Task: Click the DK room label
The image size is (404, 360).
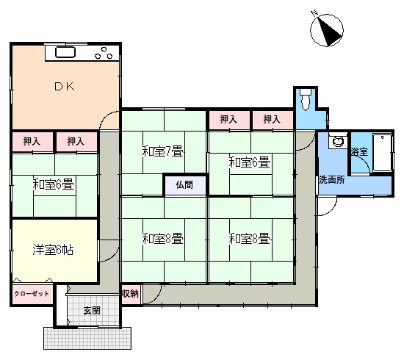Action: pyautogui.click(x=65, y=87)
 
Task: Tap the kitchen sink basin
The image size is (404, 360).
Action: pyautogui.click(x=65, y=52)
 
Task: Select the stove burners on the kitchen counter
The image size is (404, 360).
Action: pyautogui.click(x=104, y=53)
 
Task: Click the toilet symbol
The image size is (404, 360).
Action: pyautogui.click(x=306, y=100)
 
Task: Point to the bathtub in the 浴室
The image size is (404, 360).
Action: pyautogui.click(x=383, y=153)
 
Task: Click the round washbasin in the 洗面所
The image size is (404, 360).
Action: pyautogui.click(x=338, y=141)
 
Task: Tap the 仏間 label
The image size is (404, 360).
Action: pyautogui.click(x=184, y=184)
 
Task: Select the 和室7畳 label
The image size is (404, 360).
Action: pyautogui.click(x=163, y=151)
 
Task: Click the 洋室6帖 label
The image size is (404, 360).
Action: pyautogui.click(x=53, y=250)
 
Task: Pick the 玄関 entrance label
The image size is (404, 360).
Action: pyautogui.click(x=92, y=311)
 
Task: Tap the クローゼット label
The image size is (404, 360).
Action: pyautogui.click(x=32, y=294)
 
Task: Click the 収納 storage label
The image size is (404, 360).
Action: pyautogui.click(x=130, y=294)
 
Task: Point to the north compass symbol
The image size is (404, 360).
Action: pyautogui.click(x=327, y=30)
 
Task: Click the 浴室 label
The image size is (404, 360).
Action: pyautogui.click(x=359, y=152)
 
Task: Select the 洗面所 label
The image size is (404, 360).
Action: pyautogui.click(x=332, y=180)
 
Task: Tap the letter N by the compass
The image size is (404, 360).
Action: pyautogui.click(x=314, y=13)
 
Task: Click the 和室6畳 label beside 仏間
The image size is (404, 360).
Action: pyautogui.click(x=250, y=162)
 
